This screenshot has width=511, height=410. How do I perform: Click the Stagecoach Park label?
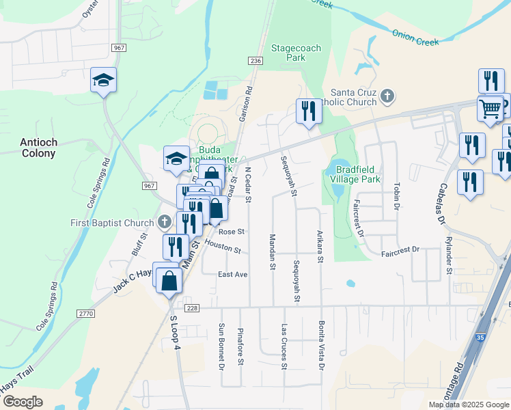coord(296,53)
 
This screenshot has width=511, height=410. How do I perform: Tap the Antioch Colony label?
coord(38,148)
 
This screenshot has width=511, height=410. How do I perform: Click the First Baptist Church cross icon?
coord(164,222)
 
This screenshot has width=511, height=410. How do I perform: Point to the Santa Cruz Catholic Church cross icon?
coord(387,96)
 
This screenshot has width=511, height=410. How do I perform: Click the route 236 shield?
coord(255,61)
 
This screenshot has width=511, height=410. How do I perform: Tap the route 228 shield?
coord(192,308)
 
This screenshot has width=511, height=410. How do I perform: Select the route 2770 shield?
coord(85,313)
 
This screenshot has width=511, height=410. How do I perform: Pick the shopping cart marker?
coord(490,108)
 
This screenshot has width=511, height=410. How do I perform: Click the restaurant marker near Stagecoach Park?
coord(308,111)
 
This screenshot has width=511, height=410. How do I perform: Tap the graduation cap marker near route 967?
coord(103,81)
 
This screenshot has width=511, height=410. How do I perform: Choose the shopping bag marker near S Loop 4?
coord(169,279)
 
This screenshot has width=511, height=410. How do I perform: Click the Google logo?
coord(23,402)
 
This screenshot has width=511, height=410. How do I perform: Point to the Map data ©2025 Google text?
coord(469,405)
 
